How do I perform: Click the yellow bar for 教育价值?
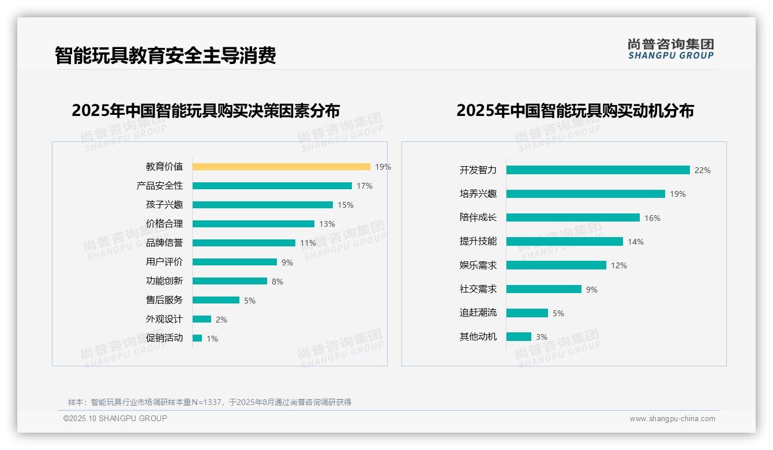click(281, 167)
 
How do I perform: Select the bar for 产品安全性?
click(272, 186)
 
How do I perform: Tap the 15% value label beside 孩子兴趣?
click(346, 205)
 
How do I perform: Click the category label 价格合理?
click(164, 224)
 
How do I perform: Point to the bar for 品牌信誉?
click(243, 243)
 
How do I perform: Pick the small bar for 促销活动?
click(197, 338)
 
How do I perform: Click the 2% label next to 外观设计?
click(222, 320)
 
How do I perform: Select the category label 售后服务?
click(164, 300)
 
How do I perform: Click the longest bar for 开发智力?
click(598, 170)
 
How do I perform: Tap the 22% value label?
click(702, 170)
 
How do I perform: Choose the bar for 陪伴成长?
click(573, 217)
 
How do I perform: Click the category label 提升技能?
click(478, 241)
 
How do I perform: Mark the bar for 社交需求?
click(543, 289)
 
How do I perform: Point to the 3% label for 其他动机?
click(541, 337)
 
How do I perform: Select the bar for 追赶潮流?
click(527, 313)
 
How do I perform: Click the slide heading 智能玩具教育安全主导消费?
click(166, 55)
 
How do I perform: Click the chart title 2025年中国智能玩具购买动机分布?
click(575, 110)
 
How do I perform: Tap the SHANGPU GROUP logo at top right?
click(670, 49)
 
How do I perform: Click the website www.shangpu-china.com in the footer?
click(672, 419)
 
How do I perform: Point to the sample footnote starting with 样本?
click(209, 402)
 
